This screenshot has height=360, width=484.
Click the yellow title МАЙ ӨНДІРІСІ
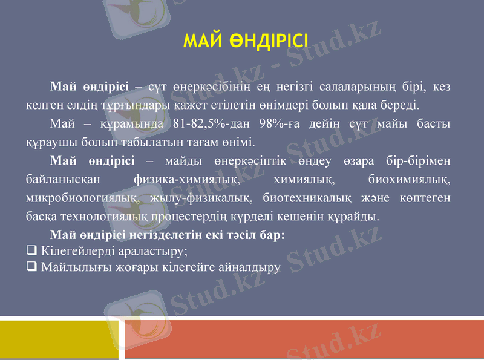coord(246,41)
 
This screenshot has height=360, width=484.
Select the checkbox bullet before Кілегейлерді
coord(31,250)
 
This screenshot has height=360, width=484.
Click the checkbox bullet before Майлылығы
coord(31,266)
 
